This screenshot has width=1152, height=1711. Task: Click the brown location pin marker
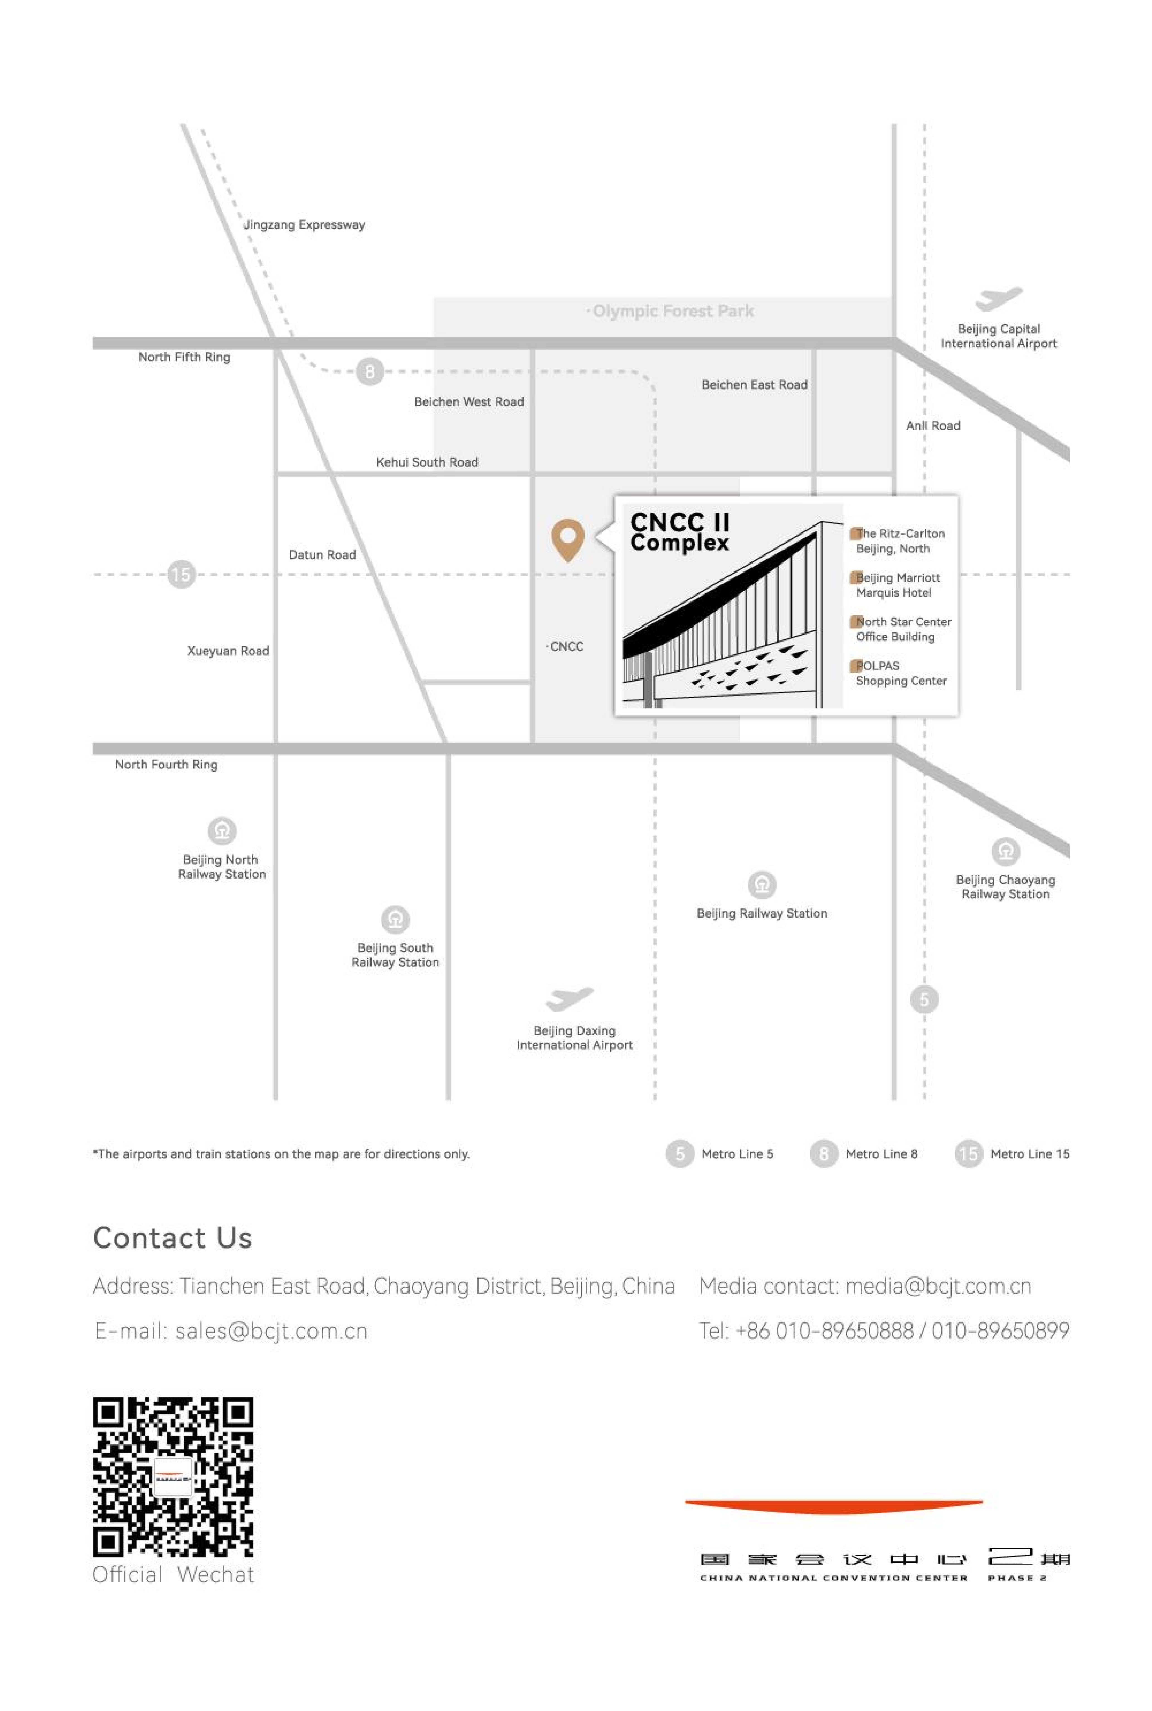coord(568,539)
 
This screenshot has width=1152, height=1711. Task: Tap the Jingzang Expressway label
coord(304,225)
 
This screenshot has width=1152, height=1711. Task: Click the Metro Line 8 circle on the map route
coord(370,372)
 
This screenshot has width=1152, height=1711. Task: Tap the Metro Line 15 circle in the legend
coord(968,1154)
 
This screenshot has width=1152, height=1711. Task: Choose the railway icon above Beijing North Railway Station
coord(222,830)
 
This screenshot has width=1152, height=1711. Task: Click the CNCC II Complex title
coord(680,532)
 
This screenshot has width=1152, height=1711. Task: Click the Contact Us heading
coord(173,1237)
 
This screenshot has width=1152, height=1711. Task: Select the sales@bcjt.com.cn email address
coord(271,1331)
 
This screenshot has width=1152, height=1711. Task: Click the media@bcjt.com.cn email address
coord(938,1286)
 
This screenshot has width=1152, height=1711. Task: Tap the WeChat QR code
coord(173,1477)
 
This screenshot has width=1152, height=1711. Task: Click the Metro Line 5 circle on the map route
coord(924,1000)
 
